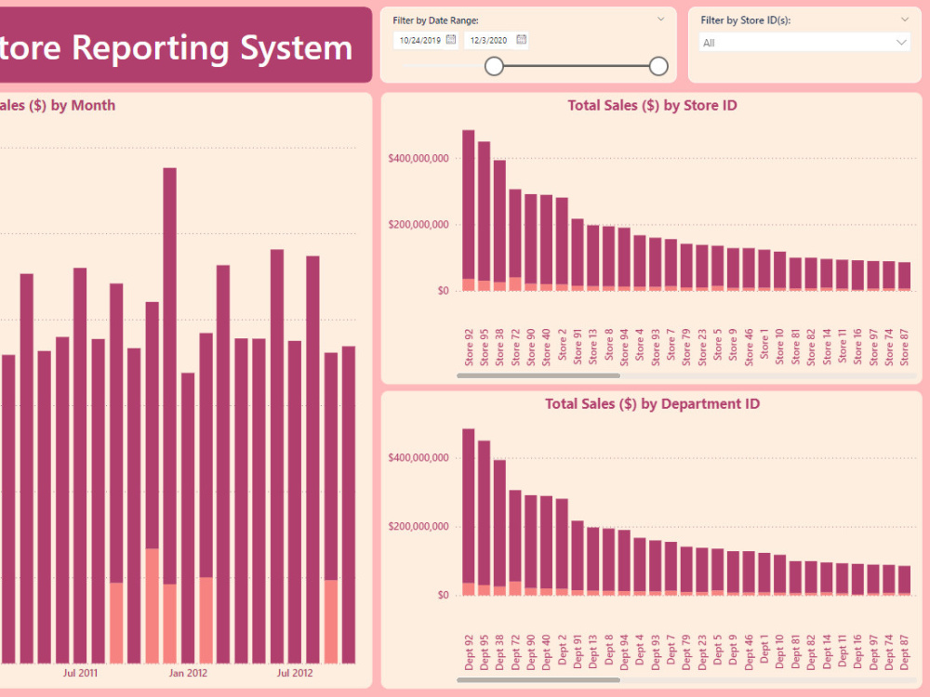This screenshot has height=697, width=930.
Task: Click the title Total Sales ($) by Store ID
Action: [x=652, y=106]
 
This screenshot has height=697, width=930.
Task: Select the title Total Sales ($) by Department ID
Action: [x=652, y=404]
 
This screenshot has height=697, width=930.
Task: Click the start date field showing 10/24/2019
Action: [x=419, y=40]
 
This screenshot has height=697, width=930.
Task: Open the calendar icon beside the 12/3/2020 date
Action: [x=522, y=39]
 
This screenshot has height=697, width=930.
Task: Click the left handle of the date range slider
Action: [x=495, y=66]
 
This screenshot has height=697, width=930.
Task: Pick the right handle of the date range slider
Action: [x=658, y=66]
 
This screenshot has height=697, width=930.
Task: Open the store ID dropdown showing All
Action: [x=804, y=43]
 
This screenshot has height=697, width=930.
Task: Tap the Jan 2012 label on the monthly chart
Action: [x=189, y=673]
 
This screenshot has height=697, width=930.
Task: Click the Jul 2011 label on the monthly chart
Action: [x=81, y=673]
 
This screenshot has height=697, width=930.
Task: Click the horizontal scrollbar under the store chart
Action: [x=538, y=376]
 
